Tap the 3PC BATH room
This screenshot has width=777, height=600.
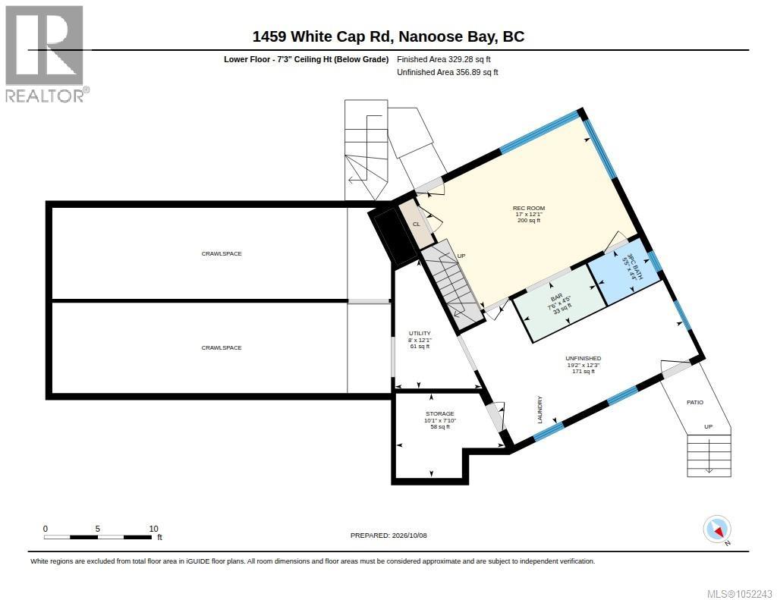[x=624, y=276]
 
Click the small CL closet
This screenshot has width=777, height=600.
[x=417, y=224]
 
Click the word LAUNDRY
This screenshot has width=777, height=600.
[x=540, y=410]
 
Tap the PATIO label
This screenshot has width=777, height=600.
[x=695, y=402]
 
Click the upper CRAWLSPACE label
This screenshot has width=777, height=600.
[x=222, y=253]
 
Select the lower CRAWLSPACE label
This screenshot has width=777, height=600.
[x=222, y=348]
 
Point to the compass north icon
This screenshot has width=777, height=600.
[x=717, y=529]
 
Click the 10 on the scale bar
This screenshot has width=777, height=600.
[x=153, y=529]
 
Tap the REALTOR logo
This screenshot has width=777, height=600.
[x=46, y=54]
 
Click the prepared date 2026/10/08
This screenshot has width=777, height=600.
[x=409, y=535]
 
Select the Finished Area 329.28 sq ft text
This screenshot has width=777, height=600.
[x=444, y=59]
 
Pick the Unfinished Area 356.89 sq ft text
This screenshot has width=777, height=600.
[x=448, y=72]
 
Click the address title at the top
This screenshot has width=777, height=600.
[x=388, y=36]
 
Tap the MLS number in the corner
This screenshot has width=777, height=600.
[x=739, y=594]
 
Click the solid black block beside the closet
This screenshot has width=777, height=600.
[x=392, y=237]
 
